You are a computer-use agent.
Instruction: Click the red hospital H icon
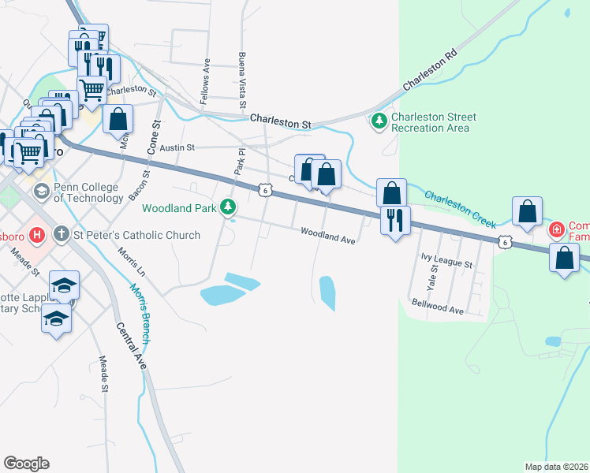35,235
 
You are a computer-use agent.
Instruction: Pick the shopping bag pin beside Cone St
118,120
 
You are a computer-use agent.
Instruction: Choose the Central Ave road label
130,346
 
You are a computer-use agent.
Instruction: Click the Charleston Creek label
460,207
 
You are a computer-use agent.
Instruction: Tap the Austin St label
177,147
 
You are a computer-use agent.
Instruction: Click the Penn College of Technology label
88,193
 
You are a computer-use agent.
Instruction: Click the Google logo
26,463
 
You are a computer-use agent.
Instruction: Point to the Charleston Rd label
429,71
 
